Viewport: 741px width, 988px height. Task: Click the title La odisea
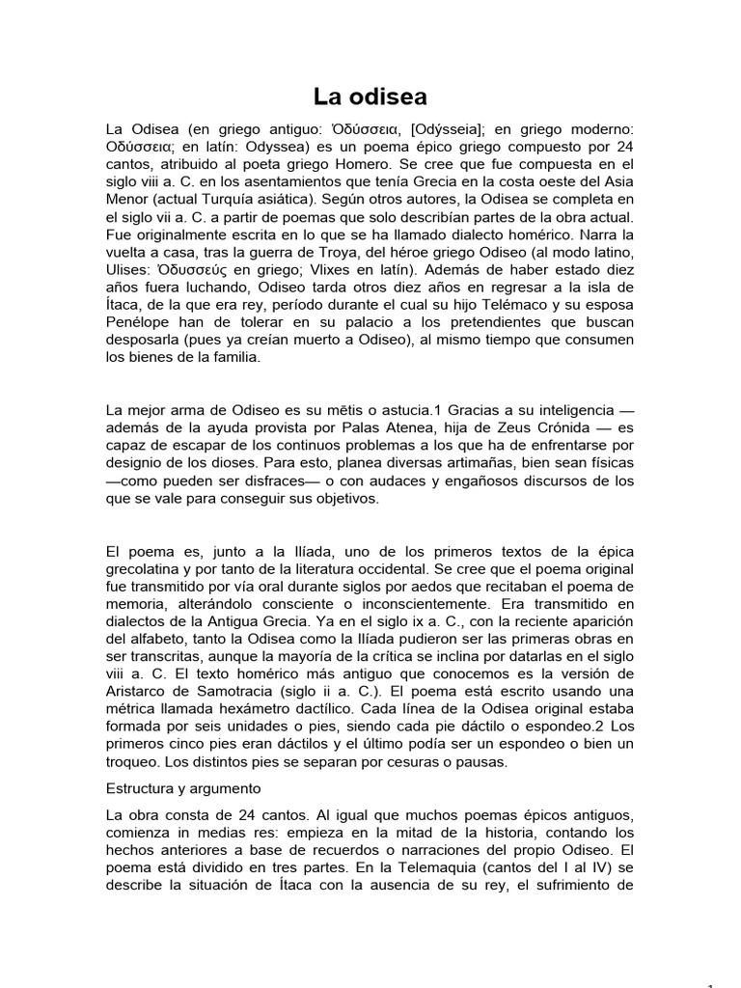coord(370,96)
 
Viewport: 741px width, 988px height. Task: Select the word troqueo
coord(136,761)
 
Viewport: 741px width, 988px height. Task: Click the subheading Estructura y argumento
coord(183,788)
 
